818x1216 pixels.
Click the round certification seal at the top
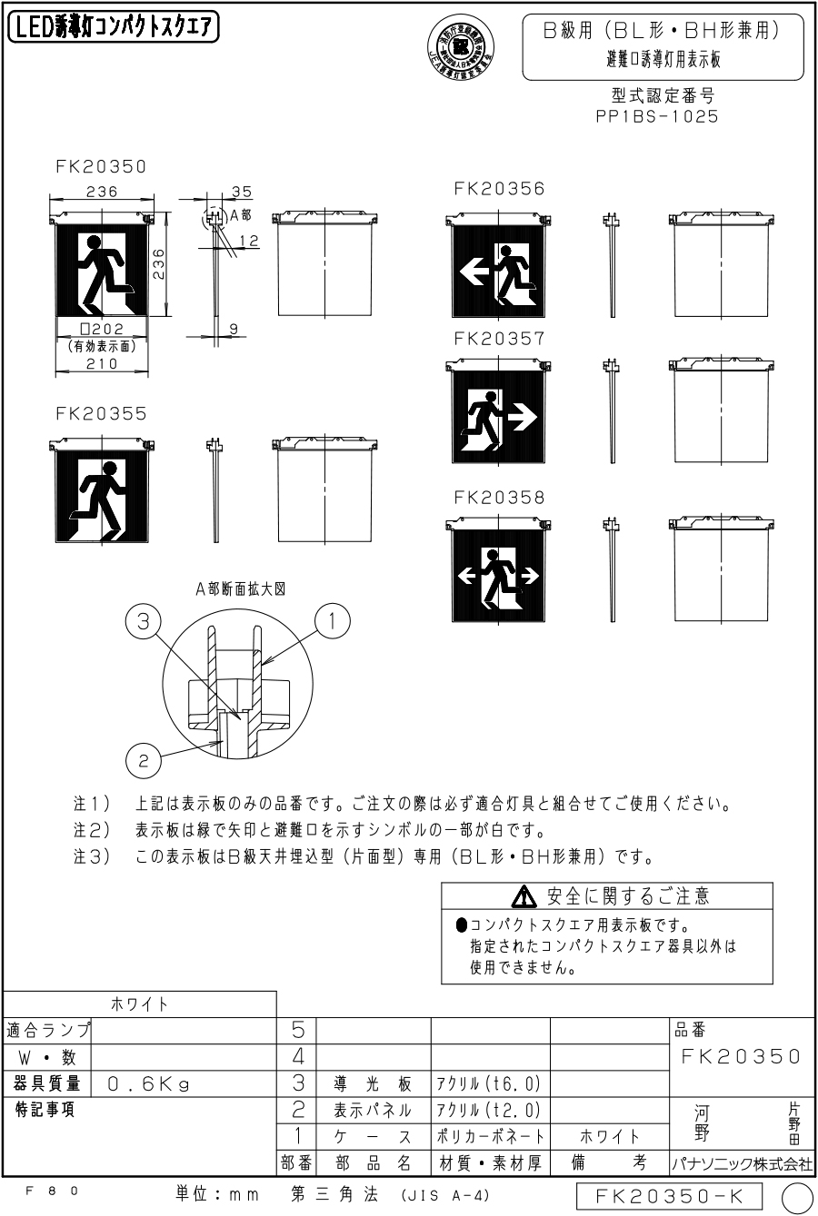[x=461, y=44]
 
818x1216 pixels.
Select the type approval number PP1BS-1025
[x=653, y=117]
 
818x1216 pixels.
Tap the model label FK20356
[x=499, y=189]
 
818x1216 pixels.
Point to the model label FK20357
[x=499, y=339]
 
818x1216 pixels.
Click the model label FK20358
[x=499, y=498]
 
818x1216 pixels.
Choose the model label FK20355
[x=101, y=413]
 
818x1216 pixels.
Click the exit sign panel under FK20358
[x=498, y=576]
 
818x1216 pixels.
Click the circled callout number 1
[x=332, y=621]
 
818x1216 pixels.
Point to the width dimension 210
[x=101, y=364]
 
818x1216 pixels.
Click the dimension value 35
[x=242, y=193]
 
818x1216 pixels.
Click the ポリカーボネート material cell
[x=490, y=1136]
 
